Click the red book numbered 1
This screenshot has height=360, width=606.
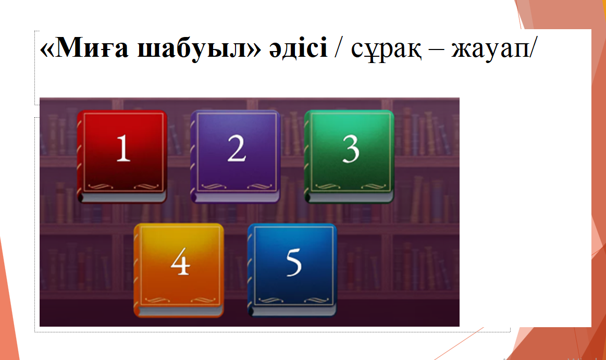coord(122,156)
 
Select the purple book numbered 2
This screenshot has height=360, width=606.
coord(236,156)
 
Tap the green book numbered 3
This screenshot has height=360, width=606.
coord(349,156)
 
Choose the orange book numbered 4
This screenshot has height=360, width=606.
coord(179,270)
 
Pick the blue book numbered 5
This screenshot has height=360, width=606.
coord(292,270)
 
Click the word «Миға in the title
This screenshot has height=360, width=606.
coord(84,48)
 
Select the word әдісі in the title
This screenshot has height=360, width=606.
coord(298,48)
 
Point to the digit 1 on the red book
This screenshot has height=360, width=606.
coord(123,148)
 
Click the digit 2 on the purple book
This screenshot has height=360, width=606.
coord(237,148)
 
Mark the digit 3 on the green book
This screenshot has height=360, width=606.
coord(351,149)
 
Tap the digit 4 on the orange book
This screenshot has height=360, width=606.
coord(180,262)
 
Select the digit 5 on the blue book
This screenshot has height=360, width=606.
coord(294,263)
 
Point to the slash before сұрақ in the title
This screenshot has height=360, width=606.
coord(339,48)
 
